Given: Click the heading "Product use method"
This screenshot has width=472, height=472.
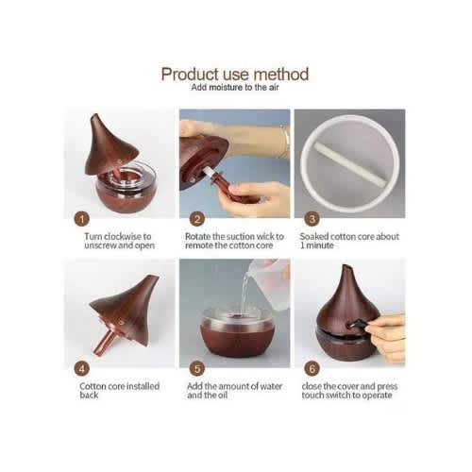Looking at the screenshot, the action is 235,75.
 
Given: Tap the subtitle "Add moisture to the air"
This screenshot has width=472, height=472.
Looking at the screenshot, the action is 235,87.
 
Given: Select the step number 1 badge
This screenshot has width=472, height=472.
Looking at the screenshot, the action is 82,219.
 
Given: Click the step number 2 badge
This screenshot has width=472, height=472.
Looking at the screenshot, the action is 197,219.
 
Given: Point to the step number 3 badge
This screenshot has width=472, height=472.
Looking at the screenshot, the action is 312,219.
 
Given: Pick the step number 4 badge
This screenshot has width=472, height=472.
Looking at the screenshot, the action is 82,368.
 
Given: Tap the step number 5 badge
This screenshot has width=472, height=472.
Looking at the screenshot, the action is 197,368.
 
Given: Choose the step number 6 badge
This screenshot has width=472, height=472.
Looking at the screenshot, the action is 312,368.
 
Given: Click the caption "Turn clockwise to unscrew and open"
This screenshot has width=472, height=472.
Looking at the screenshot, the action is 119,241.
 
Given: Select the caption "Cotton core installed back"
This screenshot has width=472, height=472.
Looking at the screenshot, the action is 120,391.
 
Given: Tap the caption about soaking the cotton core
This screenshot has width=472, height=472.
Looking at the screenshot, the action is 349,241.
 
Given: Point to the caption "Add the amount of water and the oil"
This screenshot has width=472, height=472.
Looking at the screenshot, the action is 234,391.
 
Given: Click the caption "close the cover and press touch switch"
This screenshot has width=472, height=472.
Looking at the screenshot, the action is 349,391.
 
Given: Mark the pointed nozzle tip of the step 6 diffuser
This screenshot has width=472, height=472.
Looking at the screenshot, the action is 346,267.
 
